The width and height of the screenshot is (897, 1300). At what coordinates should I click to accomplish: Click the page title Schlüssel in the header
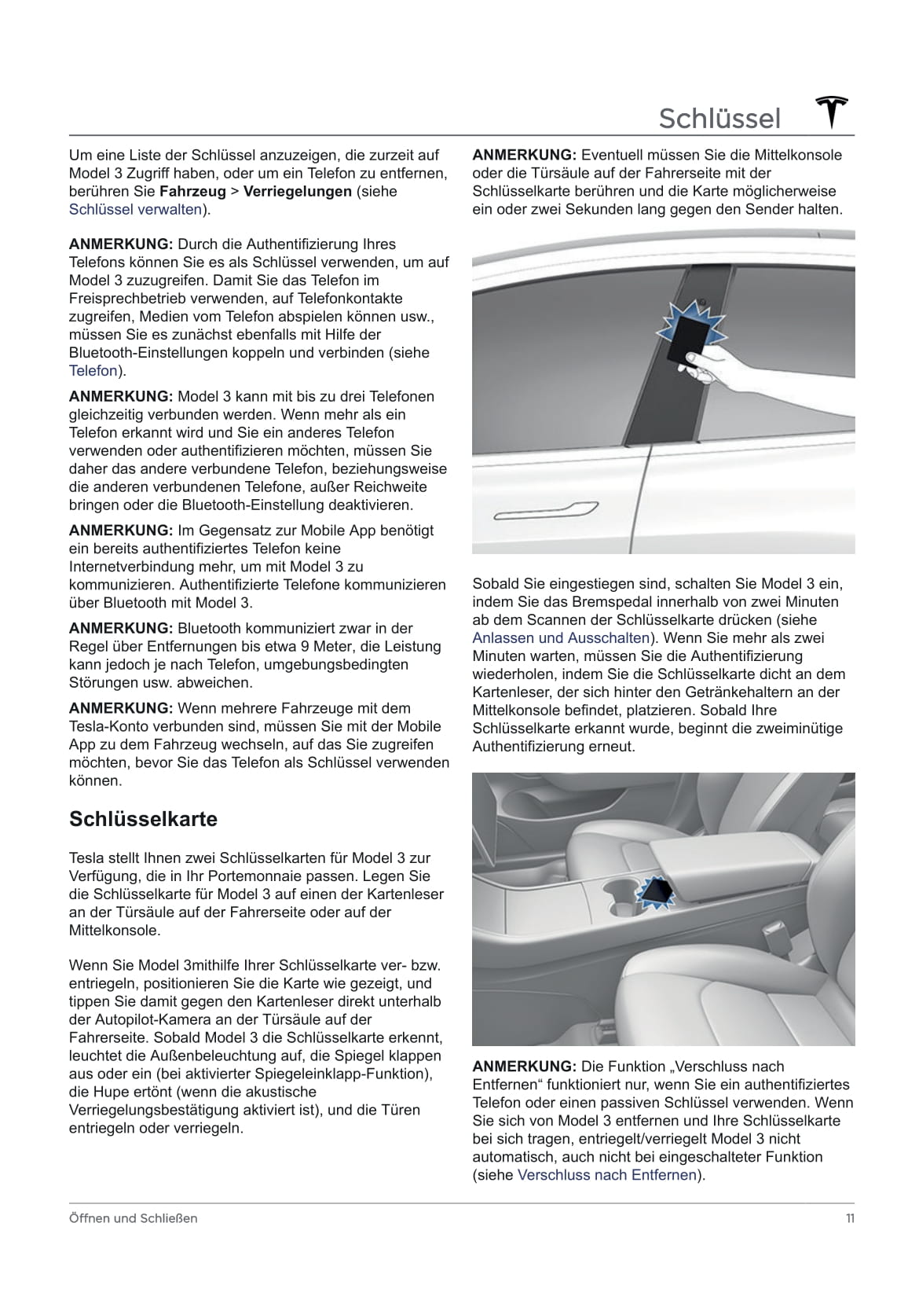(719, 119)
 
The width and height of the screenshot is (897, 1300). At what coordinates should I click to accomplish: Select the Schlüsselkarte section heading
(143, 819)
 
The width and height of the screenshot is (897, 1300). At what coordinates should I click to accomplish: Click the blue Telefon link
(93, 371)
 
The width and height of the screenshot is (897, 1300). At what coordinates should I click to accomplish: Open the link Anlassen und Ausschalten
(561, 638)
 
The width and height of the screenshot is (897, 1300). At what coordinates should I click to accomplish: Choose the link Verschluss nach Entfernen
(607, 1175)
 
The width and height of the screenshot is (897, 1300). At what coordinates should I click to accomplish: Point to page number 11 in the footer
(850, 1218)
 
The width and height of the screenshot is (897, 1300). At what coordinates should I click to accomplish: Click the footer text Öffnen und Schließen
(134, 1218)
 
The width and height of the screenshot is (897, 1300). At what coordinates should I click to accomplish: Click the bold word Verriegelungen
(298, 191)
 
